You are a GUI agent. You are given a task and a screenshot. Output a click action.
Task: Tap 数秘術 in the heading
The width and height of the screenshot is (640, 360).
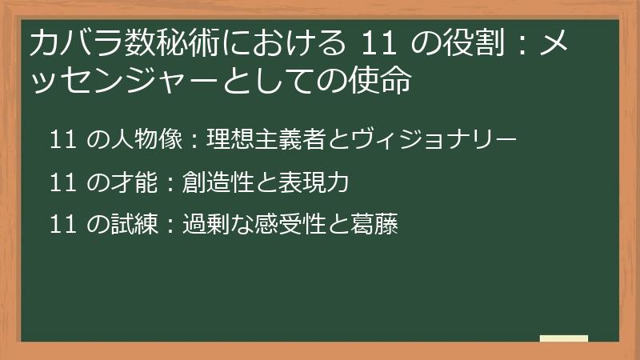tap(145, 45)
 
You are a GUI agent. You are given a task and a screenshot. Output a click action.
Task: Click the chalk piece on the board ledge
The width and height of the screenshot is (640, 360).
tap(563, 338)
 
